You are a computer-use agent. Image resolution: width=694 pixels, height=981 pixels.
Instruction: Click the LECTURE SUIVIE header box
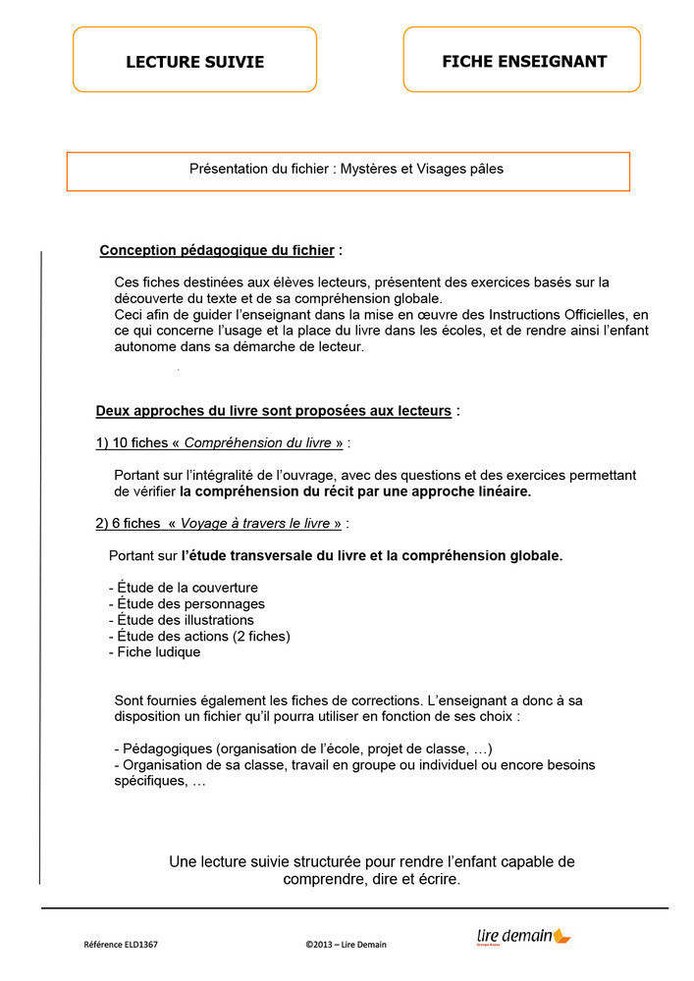click(194, 61)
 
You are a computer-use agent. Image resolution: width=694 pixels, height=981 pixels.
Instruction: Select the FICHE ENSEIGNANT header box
click(523, 61)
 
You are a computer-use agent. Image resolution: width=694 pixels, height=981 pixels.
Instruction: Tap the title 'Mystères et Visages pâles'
click(422, 169)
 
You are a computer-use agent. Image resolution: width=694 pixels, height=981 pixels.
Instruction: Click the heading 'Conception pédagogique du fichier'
click(217, 251)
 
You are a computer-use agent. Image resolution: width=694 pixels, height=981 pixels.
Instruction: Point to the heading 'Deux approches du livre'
click(273, 411)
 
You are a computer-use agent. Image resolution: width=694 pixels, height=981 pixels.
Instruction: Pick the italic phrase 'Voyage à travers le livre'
click(256, 524)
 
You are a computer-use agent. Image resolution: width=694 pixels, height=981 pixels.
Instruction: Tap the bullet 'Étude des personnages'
click(187, 604)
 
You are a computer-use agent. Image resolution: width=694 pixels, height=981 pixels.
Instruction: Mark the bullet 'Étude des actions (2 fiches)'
click(199, 637)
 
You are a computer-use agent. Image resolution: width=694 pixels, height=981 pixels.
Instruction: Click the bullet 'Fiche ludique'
click(154, 652)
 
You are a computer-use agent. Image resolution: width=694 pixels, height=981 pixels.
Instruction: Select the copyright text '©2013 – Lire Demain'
click(346, 945)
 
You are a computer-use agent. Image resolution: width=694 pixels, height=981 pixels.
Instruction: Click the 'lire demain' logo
click(522, 938)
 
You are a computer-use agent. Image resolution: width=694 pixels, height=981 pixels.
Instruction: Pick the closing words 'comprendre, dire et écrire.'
click(371, 880)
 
